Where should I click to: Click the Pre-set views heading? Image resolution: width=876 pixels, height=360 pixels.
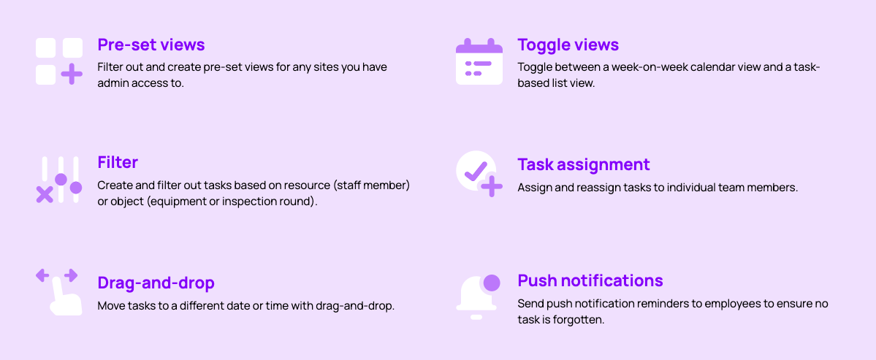pyautogui.click(x=151, y=44)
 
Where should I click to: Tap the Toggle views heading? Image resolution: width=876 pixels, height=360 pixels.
pyautogui.click(x=568, y=44)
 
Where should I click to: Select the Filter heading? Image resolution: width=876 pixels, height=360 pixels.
pyautogui.click(x=118, y=162)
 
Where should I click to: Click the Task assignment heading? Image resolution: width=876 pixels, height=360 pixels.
pyautogui.click(x=584, y=164)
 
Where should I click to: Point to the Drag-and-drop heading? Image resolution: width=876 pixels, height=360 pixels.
pyautogui.click(x=156, y=283)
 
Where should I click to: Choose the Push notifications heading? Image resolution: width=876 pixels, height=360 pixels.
pyautogui.click(x=590, y=280)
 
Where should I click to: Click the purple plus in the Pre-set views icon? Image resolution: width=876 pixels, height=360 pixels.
pyautogui.click(x=72, y=74)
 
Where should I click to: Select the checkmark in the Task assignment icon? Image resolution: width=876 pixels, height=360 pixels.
pyautogui.click(x=476, y=170)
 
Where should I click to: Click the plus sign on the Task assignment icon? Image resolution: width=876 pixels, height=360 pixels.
pyautogui.click(x=492, y=186)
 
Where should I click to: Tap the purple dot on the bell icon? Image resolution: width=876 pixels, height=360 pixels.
pyautogui.click(x=491, y=283)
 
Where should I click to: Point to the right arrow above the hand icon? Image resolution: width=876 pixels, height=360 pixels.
pyautogui.click(x=70, y=275)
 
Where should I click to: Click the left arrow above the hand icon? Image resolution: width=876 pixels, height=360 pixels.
pyautogui.click(x=42, y=275)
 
